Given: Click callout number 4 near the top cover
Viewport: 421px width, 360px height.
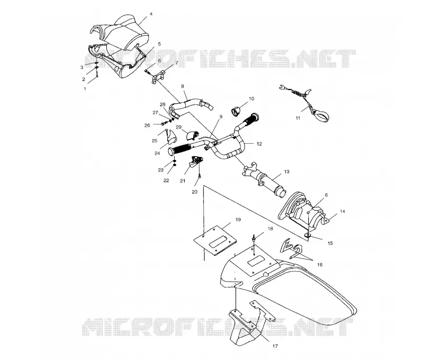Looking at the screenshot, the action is (x=151, y=14).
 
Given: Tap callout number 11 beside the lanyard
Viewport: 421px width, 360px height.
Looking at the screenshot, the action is (x=298, y=118).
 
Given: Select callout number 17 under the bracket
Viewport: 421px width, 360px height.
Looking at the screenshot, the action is (x=275, y=346).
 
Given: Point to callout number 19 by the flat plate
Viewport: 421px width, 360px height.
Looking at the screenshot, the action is (x=238, y=219).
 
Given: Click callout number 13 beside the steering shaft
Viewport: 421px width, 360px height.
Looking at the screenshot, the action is (x=287, y=172).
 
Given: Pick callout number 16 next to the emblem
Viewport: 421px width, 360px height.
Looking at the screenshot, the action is (x=319, y=265).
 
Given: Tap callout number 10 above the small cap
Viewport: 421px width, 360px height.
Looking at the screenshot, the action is (x=252, y=98).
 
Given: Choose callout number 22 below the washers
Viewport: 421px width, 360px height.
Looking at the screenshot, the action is (x=166, y=181).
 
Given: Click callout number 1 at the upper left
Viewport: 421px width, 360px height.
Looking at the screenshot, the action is (x=85, y=89).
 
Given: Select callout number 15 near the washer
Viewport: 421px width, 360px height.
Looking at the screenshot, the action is (x=330, y=243).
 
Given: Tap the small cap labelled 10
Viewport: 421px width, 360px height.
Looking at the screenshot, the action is (x=235, y=111).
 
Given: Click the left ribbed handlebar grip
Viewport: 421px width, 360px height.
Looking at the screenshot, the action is (x=179, y=149).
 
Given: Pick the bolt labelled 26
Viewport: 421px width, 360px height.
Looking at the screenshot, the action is (x=163, y=124).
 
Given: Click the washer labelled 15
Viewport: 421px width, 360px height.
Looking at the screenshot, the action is (x=308, y=235).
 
